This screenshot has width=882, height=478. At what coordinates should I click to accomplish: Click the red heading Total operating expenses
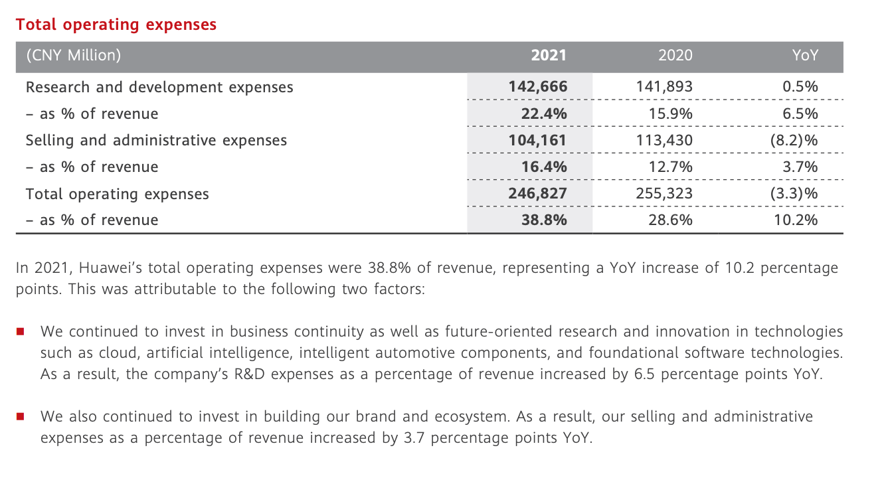click(116, 25)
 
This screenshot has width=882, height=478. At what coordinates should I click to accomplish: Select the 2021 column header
click(549, 56)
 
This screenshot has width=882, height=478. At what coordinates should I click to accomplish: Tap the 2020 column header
click(675, 56)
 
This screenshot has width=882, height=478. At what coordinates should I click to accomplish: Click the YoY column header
click(805, 56)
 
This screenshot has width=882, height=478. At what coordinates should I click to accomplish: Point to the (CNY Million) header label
click(73, 56)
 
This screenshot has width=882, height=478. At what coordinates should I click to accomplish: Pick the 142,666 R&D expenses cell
click(538, 87)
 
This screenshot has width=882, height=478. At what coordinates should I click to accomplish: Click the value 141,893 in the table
click(664, 87)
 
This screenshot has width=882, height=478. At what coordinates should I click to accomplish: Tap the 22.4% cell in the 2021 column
click(544, 114)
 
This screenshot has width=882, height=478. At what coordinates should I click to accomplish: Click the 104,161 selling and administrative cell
click(538, 140)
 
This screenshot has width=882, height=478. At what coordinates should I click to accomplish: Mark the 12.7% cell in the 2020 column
click(670, 167)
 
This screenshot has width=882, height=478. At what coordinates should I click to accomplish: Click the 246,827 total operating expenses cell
click(538, 194)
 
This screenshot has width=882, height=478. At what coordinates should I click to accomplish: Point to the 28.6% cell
click(670, 220)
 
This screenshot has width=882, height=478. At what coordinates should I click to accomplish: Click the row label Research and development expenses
click(159, 87)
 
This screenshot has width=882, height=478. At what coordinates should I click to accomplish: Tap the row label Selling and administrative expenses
click(156, 140)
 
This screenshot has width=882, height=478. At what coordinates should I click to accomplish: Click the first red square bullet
click(21, 331)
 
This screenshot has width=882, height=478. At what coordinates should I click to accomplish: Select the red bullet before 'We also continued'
click(21, 417)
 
